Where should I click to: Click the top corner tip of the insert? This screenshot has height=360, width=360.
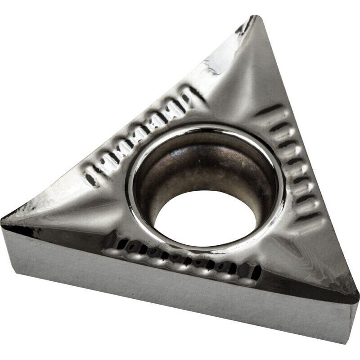(x=255, y=18)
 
